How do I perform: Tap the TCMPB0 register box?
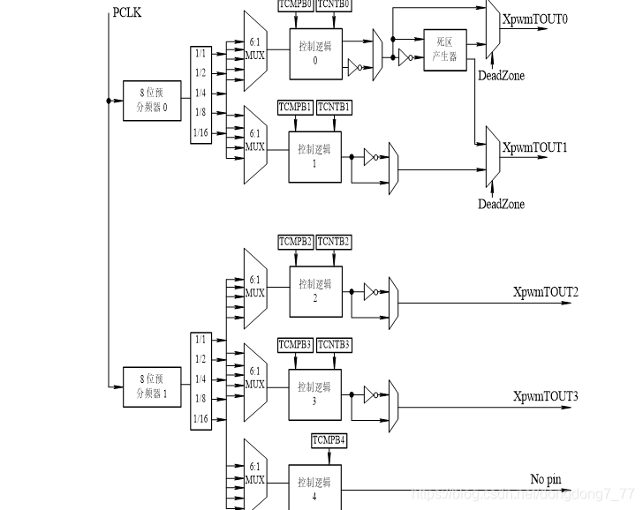[295, 4]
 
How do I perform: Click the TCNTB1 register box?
[334, 107]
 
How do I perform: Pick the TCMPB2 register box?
[296, 242]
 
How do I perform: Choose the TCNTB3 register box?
[334, 344]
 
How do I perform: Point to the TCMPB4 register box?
[329, 439]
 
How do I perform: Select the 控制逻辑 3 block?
[314, 394]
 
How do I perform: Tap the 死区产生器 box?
[444, 48]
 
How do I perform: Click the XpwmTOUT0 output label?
[535, 19]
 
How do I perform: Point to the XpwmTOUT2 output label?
[546, 292]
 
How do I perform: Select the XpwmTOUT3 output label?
[546, 397]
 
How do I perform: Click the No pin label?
[545, 479]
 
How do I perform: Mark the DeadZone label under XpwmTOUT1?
[501, 204]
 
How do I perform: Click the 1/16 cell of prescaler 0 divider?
[200, 132]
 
